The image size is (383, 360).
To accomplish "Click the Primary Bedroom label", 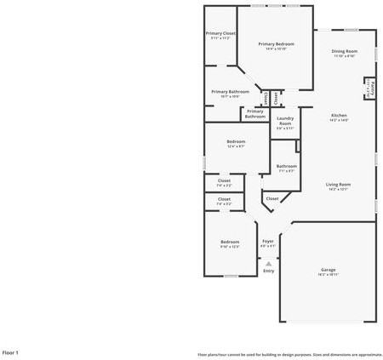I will click(277, 43).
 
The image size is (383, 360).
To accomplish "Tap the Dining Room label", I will click(344, 51).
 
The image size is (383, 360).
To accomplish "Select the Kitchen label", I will click(339, 115).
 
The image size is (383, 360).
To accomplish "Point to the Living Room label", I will click(338, 184).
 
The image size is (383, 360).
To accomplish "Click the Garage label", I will click(328, 270).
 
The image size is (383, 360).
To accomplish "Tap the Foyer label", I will click(267, 241).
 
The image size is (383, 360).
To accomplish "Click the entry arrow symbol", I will click(268, 263).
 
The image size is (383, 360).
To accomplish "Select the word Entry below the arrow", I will click(268, 271).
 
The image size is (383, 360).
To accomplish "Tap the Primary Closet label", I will click(221, 33).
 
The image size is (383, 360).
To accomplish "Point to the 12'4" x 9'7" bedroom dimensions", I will click(236, 146).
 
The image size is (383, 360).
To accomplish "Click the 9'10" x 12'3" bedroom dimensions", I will click(230, 247).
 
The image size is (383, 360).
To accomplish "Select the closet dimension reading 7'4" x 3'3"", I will click(224, 185).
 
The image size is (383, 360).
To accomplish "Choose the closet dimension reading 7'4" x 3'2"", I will click(224, 204).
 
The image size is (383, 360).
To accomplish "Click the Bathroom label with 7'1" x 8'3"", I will click(286, 166).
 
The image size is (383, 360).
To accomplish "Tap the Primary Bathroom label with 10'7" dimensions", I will click(230, 91).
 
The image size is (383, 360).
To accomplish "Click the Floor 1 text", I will click(10, 351).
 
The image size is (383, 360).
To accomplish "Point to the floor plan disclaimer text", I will click(289, 352).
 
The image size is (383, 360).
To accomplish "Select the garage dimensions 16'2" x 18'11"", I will click(328, 275).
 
